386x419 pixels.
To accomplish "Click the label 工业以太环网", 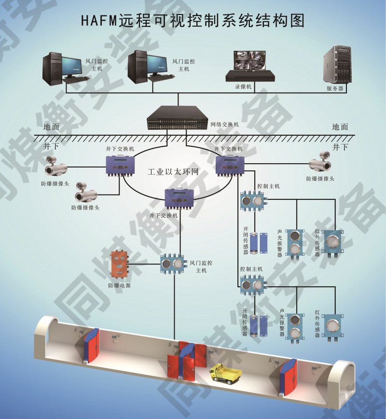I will click(173, 172).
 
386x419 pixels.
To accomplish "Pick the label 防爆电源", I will click(119, 285).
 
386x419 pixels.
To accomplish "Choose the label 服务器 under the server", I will click(335, 88).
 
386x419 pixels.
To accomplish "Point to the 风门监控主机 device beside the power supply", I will click(173, 264).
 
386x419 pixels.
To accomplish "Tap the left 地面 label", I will click(51, 127).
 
